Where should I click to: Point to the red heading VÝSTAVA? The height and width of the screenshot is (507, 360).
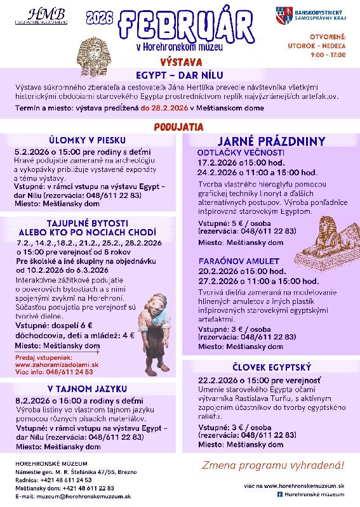(x=181, y=63)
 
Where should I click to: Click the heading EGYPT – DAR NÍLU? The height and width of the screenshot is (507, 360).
(x=180, y=74)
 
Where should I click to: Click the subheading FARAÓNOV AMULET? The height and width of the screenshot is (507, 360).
(x=239, y=261)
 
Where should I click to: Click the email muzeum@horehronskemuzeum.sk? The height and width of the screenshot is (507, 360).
(x=74, y=496)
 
